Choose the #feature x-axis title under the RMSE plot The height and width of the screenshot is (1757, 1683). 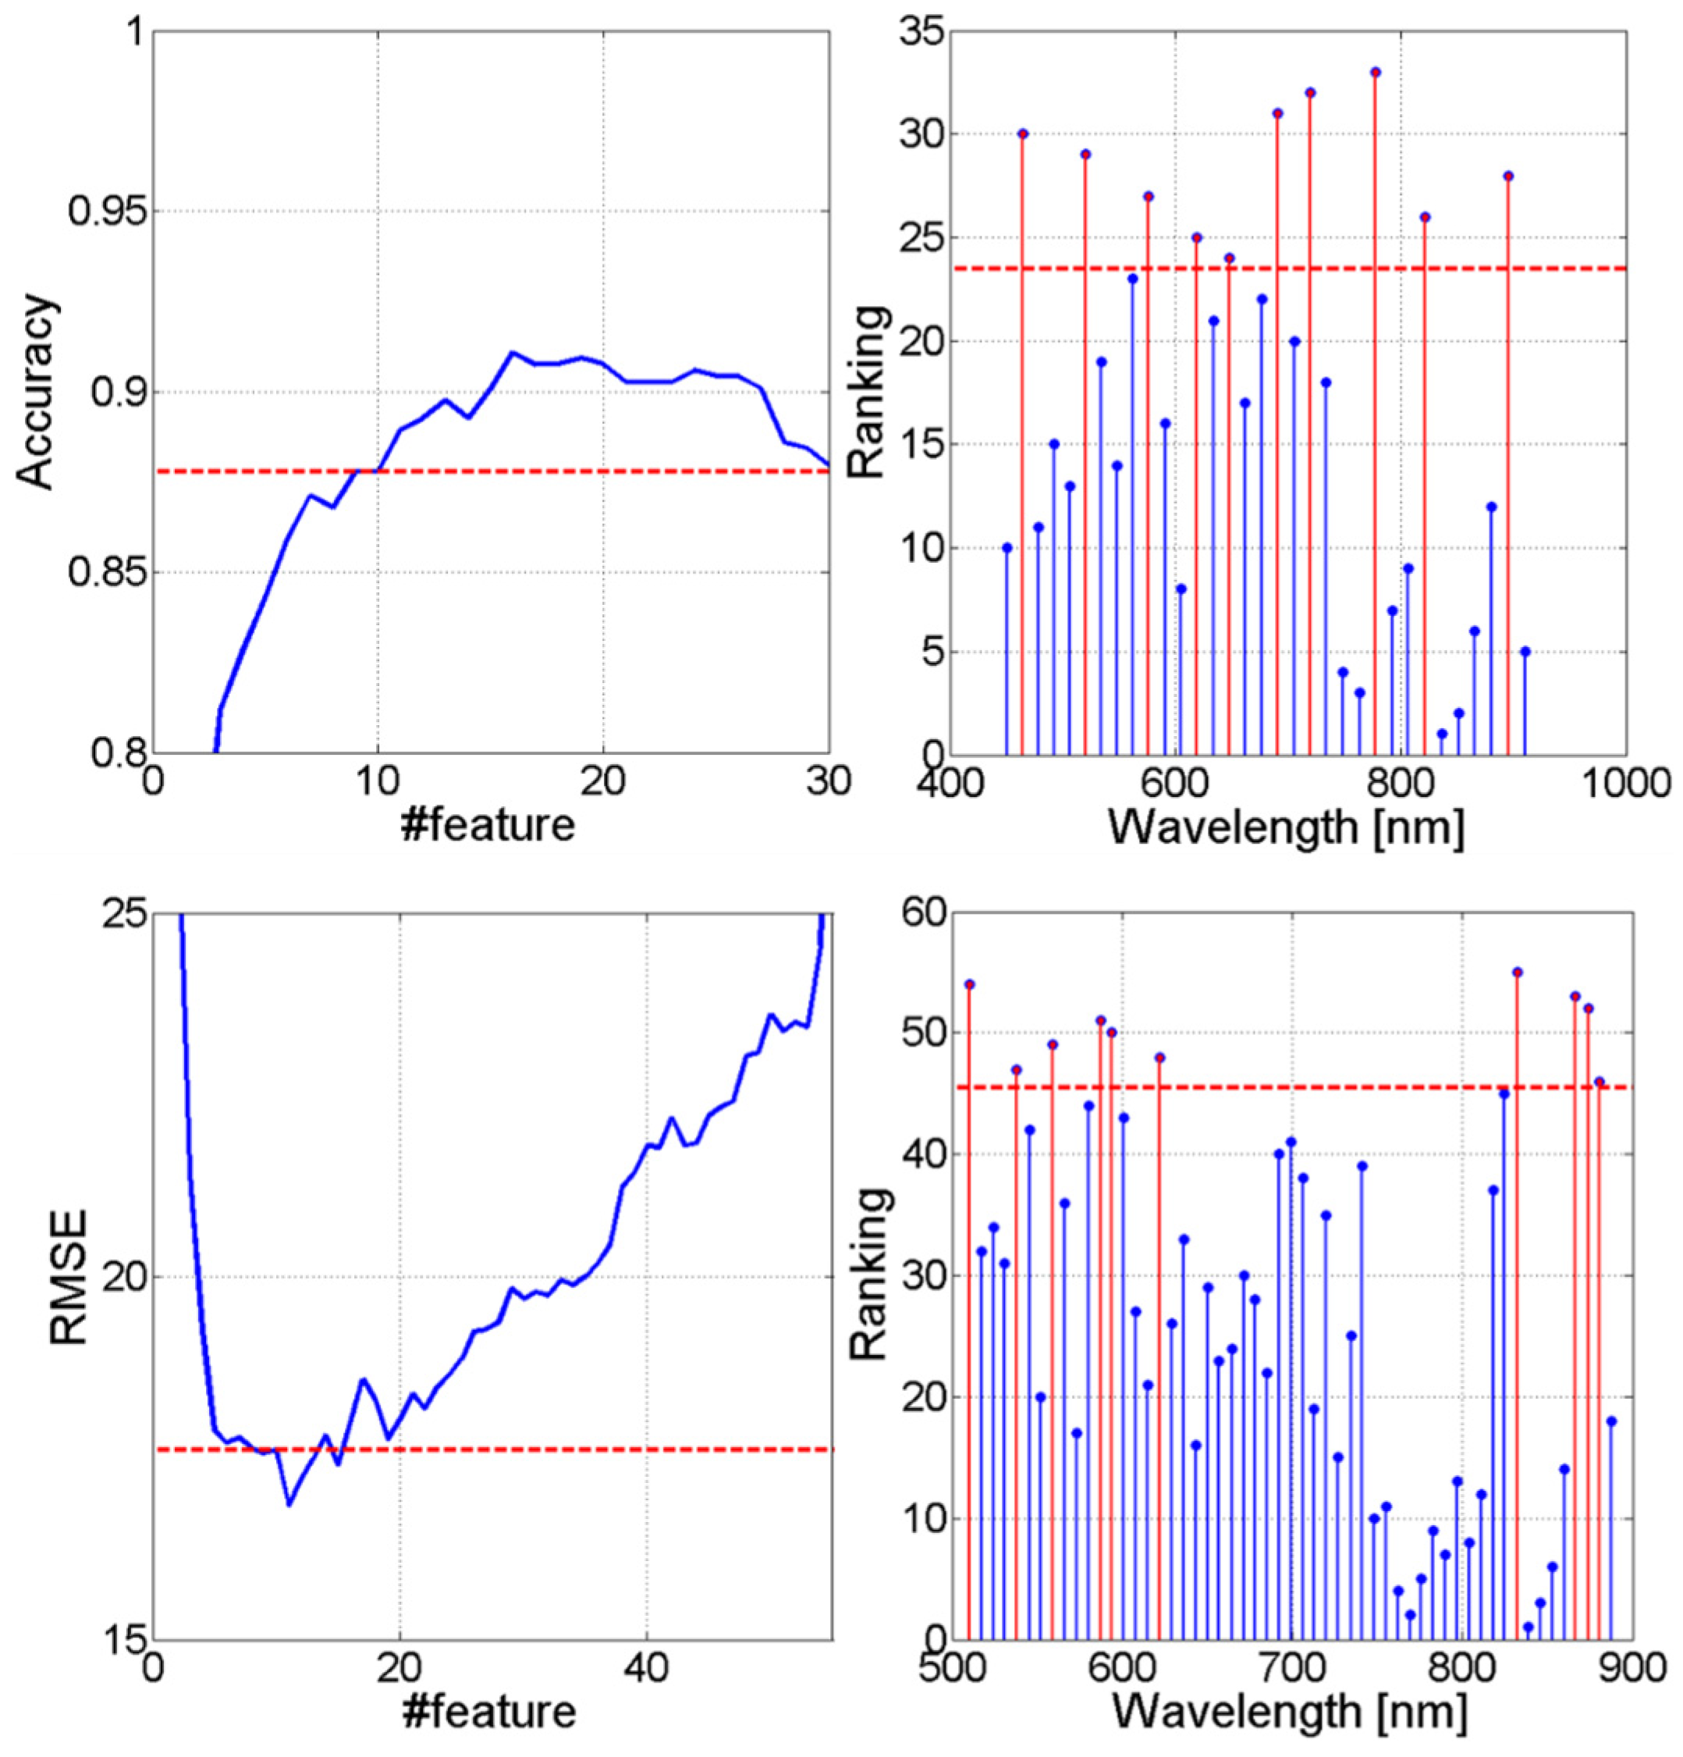[488, 1710]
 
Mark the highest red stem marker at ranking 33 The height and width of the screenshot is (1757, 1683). [1376, 72]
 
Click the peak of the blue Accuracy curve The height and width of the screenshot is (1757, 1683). [512, 352]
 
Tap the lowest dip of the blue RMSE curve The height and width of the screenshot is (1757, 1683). [289, 1504]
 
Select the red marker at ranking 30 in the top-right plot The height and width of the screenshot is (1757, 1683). [1023, 133]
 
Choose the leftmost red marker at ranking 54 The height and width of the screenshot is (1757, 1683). [969, 984]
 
